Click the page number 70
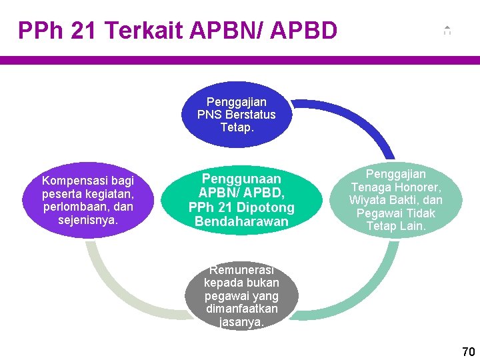click(x=469, y=351)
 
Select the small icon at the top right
click(x=447, y=30)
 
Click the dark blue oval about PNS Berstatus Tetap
click(x=236, y=114)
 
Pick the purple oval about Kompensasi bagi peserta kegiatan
click(x=87, y=200)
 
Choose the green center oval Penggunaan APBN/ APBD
click(x=241, y=200)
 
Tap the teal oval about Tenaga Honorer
click(x=395, y=200)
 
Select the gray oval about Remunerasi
click(x=241, y=295)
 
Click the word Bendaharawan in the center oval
click(x=241, y=221)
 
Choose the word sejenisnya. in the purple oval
click(x=87, y=219)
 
